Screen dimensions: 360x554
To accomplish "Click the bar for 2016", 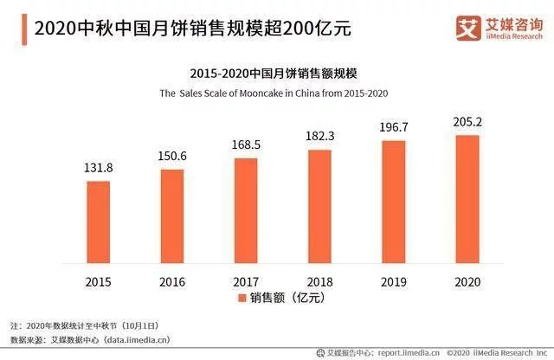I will pos(172,216).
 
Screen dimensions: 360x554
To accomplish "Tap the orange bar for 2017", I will pos(246,211).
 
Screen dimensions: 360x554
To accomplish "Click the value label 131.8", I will pos(99,168).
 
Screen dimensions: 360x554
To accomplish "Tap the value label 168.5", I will pos(246,145).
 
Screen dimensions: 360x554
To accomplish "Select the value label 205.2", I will pos(467,122).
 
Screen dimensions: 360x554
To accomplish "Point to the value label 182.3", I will pos(319,137).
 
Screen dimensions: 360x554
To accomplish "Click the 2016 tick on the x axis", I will pos(172,281).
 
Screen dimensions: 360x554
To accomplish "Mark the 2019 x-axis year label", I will pos(393,281).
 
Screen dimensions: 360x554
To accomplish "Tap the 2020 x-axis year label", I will pos(467,281).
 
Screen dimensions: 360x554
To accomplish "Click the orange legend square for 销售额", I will pos(242,299).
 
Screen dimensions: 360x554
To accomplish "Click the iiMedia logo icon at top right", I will pos(468,29).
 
